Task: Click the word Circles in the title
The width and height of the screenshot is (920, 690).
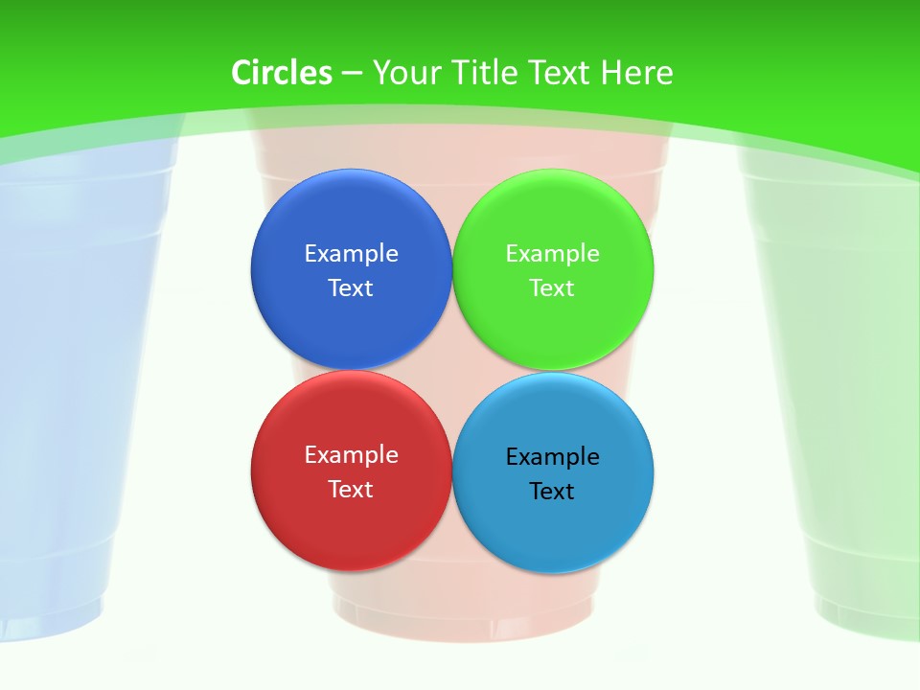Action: [282, 73]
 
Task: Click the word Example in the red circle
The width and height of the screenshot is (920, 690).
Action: [351, 454]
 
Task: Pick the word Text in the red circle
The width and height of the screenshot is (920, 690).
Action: [351, 489]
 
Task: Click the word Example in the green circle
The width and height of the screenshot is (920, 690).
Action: [553, 253]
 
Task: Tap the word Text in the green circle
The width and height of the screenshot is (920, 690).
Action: [553, 287]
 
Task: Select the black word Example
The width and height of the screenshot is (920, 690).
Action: [553, 456]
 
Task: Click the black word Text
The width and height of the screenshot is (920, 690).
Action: [553, 491]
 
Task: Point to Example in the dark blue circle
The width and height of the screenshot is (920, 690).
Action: [351, 253]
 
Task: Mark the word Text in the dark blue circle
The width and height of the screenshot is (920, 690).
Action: [351, 287]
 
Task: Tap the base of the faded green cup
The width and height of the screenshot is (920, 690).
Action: [867, 613]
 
